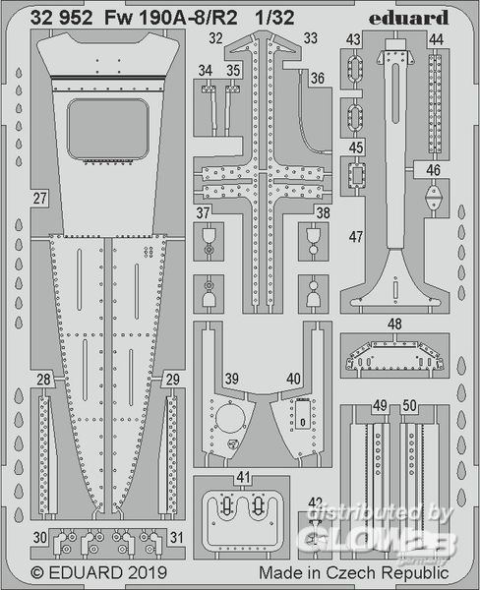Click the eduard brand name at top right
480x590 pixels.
pos(408,18)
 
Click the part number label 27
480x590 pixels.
pos(39,198)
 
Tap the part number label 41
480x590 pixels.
pos(243,477)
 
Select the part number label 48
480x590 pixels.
pos(394,324)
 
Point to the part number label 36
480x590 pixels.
pos(318,78)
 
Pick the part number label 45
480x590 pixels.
pos(356,147)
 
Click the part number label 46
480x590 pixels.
pos(433,170)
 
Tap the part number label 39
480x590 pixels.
pos(231,379)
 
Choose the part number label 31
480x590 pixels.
pos(177,537)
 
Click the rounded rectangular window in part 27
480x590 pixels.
pos(107,129)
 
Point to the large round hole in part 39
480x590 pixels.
pos(229,420)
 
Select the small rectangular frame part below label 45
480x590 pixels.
pos(356,175)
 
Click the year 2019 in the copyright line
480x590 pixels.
pos(148,572)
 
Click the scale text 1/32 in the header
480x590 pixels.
pos(274,18)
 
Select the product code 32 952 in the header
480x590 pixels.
pos(61,18)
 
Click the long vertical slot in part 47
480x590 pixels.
pos(394,93)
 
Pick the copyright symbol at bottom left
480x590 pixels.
pos(37,573)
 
